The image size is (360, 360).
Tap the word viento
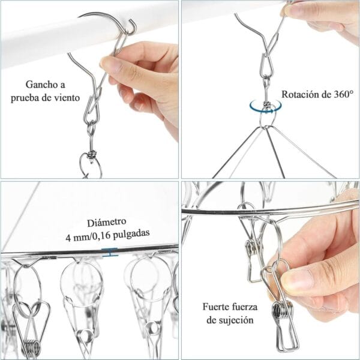[67, 98]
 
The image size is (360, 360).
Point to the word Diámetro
[107, 222]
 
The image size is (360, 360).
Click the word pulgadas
[131, 234]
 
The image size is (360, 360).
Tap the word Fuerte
[215, 307]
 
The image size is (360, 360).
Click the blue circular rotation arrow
[266, 107]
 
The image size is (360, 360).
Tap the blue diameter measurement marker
[110, 252]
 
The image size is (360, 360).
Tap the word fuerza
[244, 307]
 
